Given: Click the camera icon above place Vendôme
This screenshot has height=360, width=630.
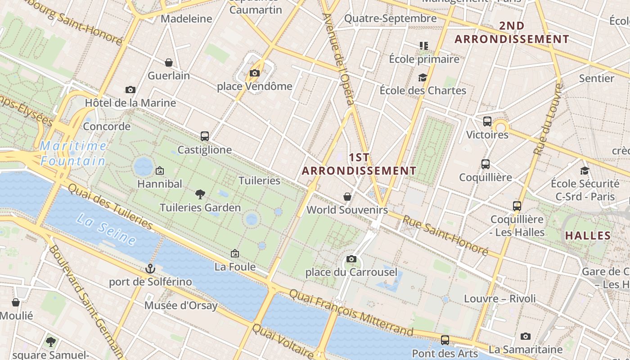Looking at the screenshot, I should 255,73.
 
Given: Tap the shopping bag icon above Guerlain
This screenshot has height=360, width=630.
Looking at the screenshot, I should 169,63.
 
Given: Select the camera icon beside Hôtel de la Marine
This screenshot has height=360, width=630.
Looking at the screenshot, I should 130,90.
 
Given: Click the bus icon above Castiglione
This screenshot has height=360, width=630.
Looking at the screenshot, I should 205,136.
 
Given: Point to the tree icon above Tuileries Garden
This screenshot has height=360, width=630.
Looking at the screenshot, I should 200,194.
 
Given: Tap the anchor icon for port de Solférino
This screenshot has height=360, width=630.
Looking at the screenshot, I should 150,269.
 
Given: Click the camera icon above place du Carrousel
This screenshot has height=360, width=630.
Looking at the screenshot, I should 351,259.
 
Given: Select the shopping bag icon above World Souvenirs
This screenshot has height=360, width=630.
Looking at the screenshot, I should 347,197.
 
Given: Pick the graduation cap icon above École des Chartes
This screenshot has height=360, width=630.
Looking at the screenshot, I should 422,77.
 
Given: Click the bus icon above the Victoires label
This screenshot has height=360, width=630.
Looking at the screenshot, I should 487,121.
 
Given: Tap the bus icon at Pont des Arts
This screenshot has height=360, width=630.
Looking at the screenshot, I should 445,340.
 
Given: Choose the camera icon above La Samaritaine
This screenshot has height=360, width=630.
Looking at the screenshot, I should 525,336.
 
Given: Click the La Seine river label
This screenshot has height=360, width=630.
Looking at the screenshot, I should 106,229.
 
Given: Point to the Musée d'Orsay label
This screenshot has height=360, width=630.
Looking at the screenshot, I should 181,306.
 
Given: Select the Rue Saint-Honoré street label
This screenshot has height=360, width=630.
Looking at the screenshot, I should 445,235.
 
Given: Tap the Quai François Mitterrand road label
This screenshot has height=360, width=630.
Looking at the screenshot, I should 351,312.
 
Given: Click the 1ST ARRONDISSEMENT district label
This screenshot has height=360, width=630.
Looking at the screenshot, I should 359,164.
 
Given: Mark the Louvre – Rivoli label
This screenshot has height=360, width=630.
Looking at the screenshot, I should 499,298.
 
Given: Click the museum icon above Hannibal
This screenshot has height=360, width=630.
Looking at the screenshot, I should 159,171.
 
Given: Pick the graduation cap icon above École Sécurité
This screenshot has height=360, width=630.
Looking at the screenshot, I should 585,171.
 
